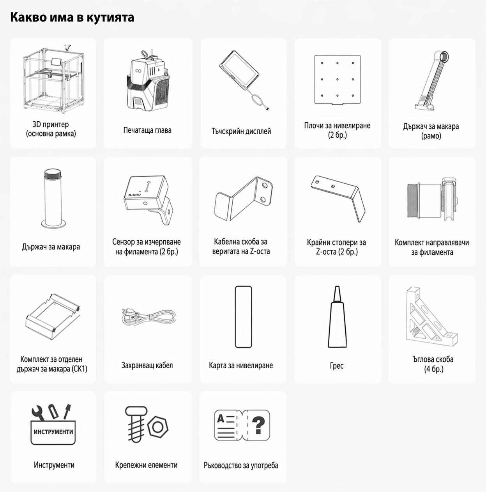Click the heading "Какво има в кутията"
tap(72, 18)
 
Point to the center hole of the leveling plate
tap(337, 80)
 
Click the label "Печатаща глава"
tap(147, 130)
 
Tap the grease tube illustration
tap(337, 316)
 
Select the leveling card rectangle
tap(243, 316)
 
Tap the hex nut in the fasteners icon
tap(158, 426)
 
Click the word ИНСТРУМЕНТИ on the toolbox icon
tap(53, 432)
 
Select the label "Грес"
tap(336, 366)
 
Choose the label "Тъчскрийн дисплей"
tap(241, 131)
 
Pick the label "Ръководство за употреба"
tap(241, 465)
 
